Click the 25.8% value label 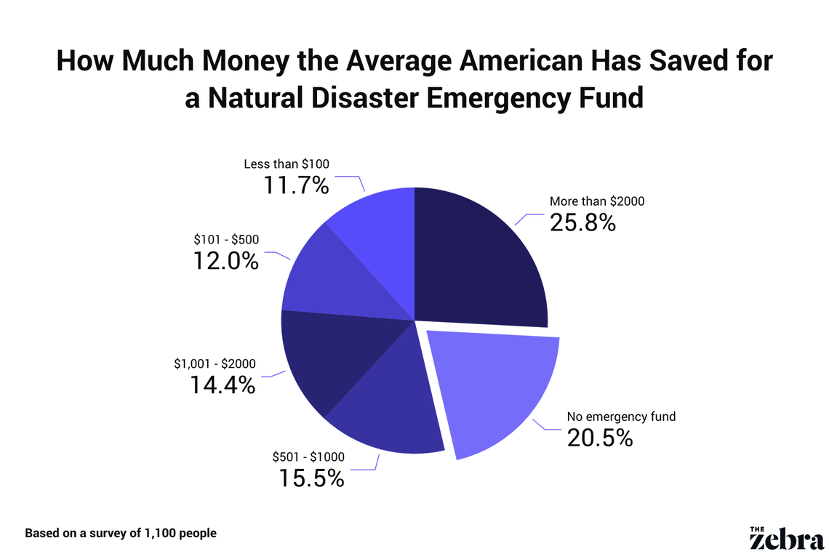[582, 222]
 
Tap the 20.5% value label [600, 438]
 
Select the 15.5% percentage [311, 478]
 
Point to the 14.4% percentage [223, 385]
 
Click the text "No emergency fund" [622, 417]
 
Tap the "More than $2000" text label [597, 201]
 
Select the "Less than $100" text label [287, 164]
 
